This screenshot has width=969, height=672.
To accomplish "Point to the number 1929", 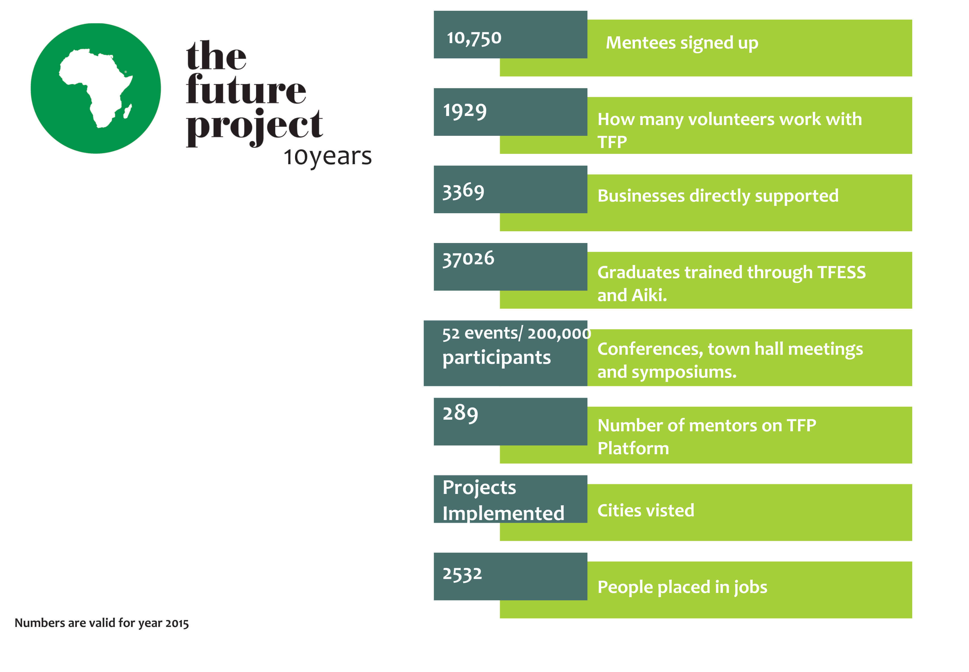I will coord(464,111).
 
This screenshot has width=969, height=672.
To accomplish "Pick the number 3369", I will coord(463,192).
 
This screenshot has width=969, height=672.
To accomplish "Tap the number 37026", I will coord(468,259).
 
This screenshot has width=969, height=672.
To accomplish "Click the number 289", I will coord(460,413).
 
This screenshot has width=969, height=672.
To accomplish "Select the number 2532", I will coord(462,574).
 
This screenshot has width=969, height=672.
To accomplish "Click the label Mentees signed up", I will coord(682,43).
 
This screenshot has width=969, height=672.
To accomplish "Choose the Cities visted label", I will coord(645,510).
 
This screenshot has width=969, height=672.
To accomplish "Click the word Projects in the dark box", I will coord(479,488).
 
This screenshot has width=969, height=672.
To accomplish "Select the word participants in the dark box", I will coord(496,358).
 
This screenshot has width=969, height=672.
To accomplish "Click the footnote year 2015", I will coord(177,623).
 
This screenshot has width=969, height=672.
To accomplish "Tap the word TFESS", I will coord(841,272).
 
